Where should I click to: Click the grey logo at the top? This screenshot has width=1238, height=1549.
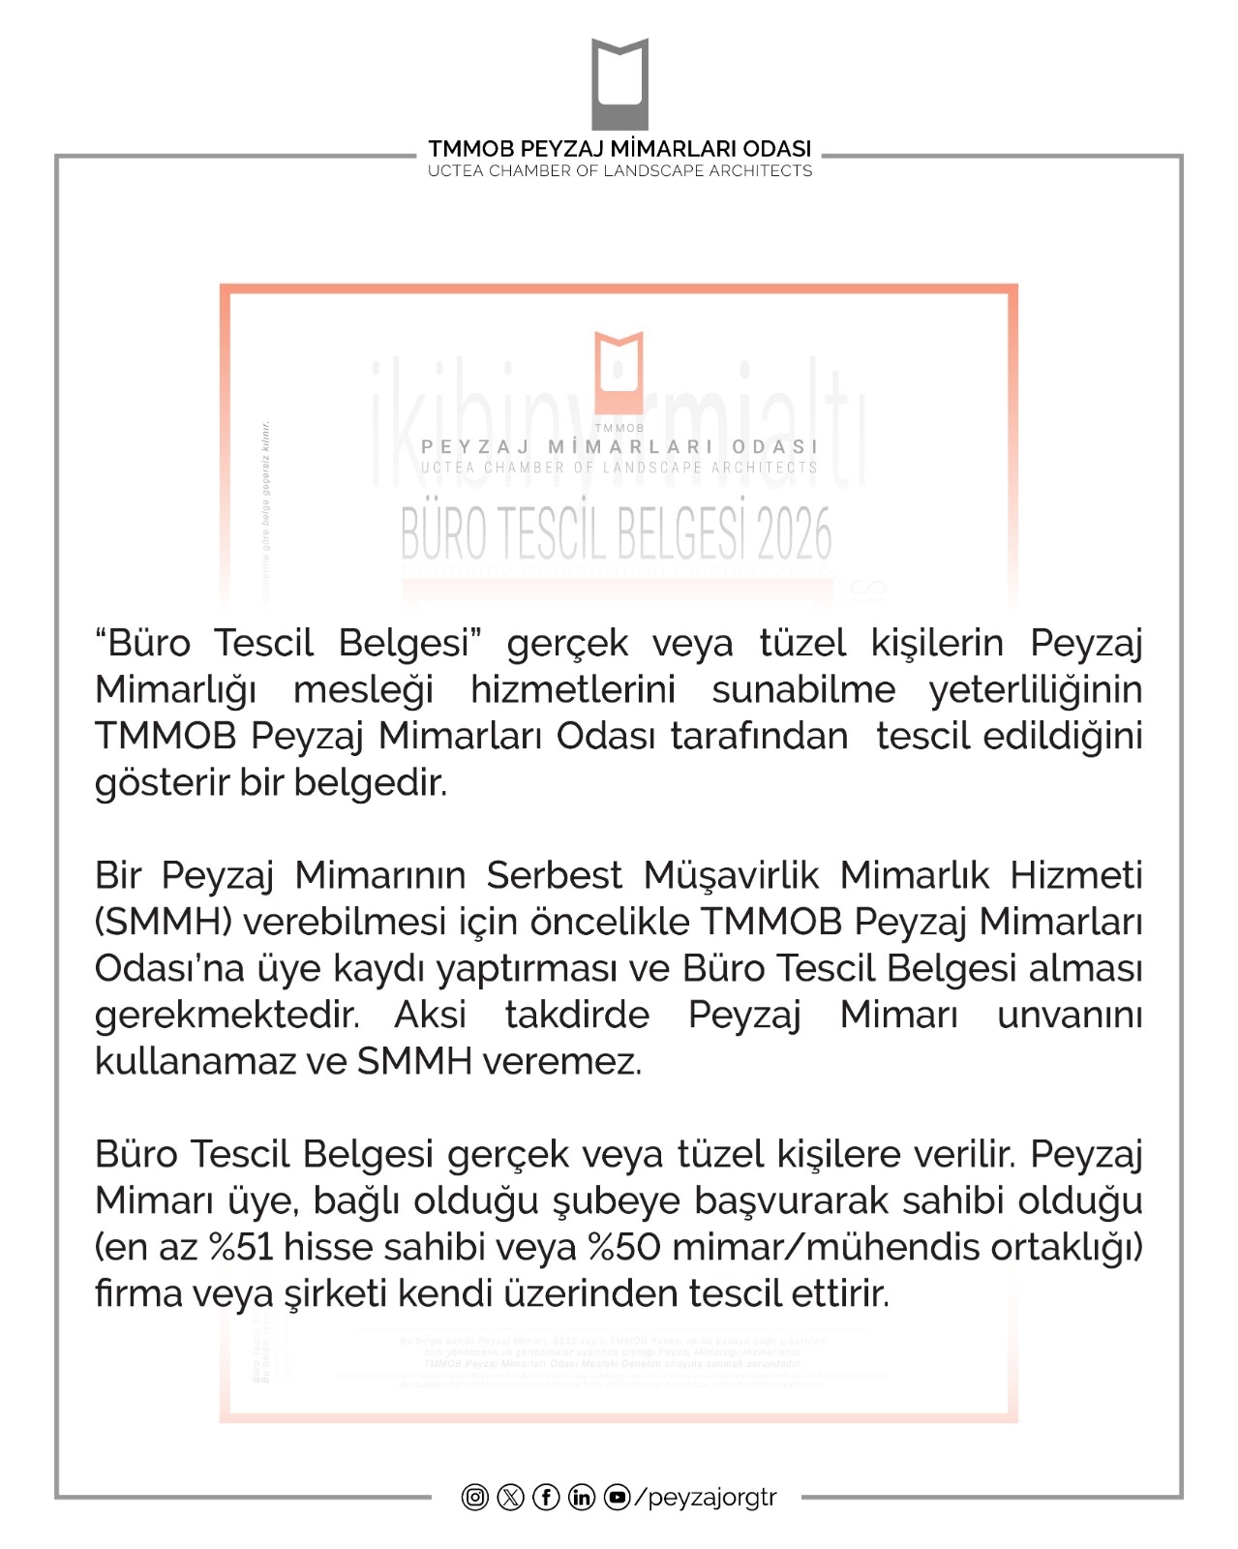coord(619,85)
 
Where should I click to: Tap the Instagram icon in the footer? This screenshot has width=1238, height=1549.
coord(475,1498)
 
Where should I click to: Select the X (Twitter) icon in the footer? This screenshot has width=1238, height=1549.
coord(511,1498)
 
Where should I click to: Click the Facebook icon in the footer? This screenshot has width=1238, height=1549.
coord(546,1498)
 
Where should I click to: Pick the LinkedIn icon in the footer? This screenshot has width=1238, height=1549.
coord(581,1498)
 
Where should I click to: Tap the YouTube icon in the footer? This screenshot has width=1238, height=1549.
coord(617,1498)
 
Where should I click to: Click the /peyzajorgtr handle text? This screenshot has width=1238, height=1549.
coord(706,1498)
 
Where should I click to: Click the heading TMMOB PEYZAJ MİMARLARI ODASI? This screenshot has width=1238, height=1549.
coord(619,149)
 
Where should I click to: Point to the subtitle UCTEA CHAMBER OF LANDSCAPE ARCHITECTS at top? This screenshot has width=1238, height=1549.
coord(619,171)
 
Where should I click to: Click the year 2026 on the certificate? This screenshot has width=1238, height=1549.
coord(794,534)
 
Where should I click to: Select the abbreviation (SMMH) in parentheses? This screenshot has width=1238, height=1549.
coord(164,922)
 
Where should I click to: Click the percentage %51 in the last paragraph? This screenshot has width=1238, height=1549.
coord(242,1247)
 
